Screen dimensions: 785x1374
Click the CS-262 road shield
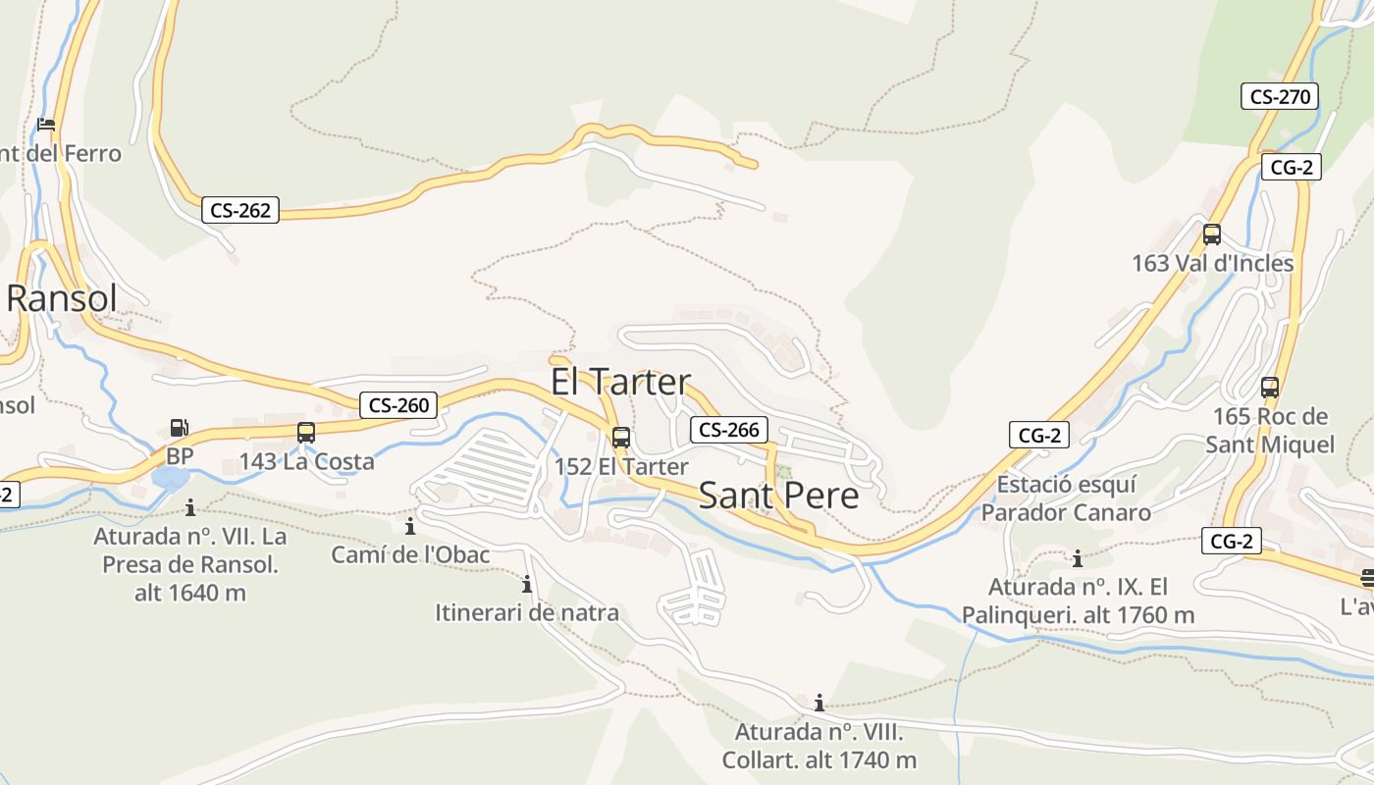pos(240,210)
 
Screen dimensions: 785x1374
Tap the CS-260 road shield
pos(398,405)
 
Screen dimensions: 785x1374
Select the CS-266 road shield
pos(729,430)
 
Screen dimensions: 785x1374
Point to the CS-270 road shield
pos(1280,96)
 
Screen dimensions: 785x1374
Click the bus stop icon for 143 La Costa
pos(306,432)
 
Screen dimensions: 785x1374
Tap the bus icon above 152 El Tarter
pos(621,438)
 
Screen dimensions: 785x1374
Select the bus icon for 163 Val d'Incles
pos(1212,235)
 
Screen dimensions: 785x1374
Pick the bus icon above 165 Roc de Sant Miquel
pos(1270,388)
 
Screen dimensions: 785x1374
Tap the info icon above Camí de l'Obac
pos(410,527)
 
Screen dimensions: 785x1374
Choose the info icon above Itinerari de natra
pos(527,585)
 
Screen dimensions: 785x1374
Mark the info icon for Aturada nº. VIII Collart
pos(819,703)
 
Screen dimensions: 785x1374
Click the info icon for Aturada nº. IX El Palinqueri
pos(1078,559)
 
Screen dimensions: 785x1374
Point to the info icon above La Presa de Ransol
pos(190,507)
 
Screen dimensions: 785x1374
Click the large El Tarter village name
pos(620,382)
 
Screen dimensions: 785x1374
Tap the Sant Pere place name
pos(778,496)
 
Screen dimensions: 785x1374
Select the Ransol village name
pos(62,298)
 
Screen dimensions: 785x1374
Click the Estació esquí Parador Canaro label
pos(1066,498)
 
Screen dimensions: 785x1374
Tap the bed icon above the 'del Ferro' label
pos(45,125)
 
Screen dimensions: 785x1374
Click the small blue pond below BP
pos(171,479)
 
